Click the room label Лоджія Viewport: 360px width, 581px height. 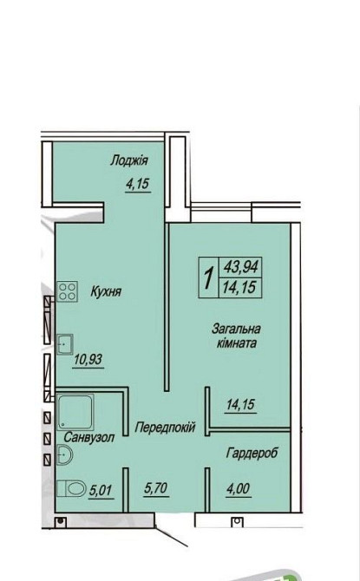coord(129,160)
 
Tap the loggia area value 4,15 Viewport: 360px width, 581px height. coord(138,184)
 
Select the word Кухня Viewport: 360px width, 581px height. coord(106,291)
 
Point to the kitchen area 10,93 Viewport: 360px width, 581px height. coord(88,359)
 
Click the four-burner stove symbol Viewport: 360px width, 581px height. coord(67,291)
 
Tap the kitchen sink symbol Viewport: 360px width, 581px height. coord(64,344)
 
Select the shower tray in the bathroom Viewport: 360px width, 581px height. coord(75,412)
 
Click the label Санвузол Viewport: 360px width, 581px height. coord(89,437)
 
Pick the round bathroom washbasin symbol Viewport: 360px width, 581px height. coord(65,454)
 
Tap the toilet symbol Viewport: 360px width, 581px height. coord(71,488)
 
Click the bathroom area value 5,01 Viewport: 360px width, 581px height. coord(100,491)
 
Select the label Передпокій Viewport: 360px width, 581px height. coord(165,428)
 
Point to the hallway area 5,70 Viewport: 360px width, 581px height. coord(156,488)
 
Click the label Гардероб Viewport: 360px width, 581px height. coord(252,453)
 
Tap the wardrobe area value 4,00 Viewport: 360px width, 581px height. coord(238,489)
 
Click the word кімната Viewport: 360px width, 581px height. coord(237,343)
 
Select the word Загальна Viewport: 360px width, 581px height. coord(236,329)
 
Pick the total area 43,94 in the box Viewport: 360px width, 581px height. coord(240,267)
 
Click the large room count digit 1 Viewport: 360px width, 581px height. coord(209,278)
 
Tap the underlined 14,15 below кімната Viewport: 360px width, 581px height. coord(240,405)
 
